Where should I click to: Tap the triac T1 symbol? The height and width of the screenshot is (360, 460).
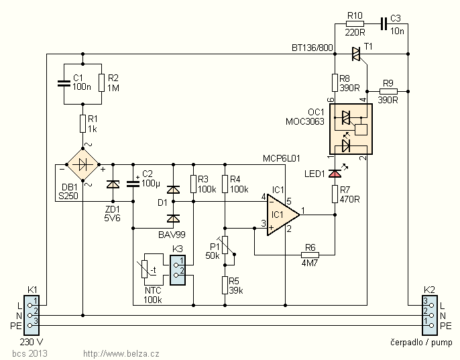(356, 52)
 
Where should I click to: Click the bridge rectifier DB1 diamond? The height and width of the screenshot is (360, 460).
(82, 164)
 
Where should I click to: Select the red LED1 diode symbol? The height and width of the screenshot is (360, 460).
(335, 174)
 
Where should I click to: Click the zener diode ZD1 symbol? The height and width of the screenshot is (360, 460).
(113, 184)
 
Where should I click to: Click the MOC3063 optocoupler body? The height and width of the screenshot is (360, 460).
(349, 128)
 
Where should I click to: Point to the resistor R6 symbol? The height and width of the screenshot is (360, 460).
(310, 255)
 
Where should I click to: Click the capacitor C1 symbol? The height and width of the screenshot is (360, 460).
(63, 83)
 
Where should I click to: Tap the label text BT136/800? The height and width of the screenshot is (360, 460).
(312, 48)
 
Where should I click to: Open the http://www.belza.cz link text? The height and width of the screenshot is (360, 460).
(121, 353)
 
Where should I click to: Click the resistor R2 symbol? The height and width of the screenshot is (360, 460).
(101, 83)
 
